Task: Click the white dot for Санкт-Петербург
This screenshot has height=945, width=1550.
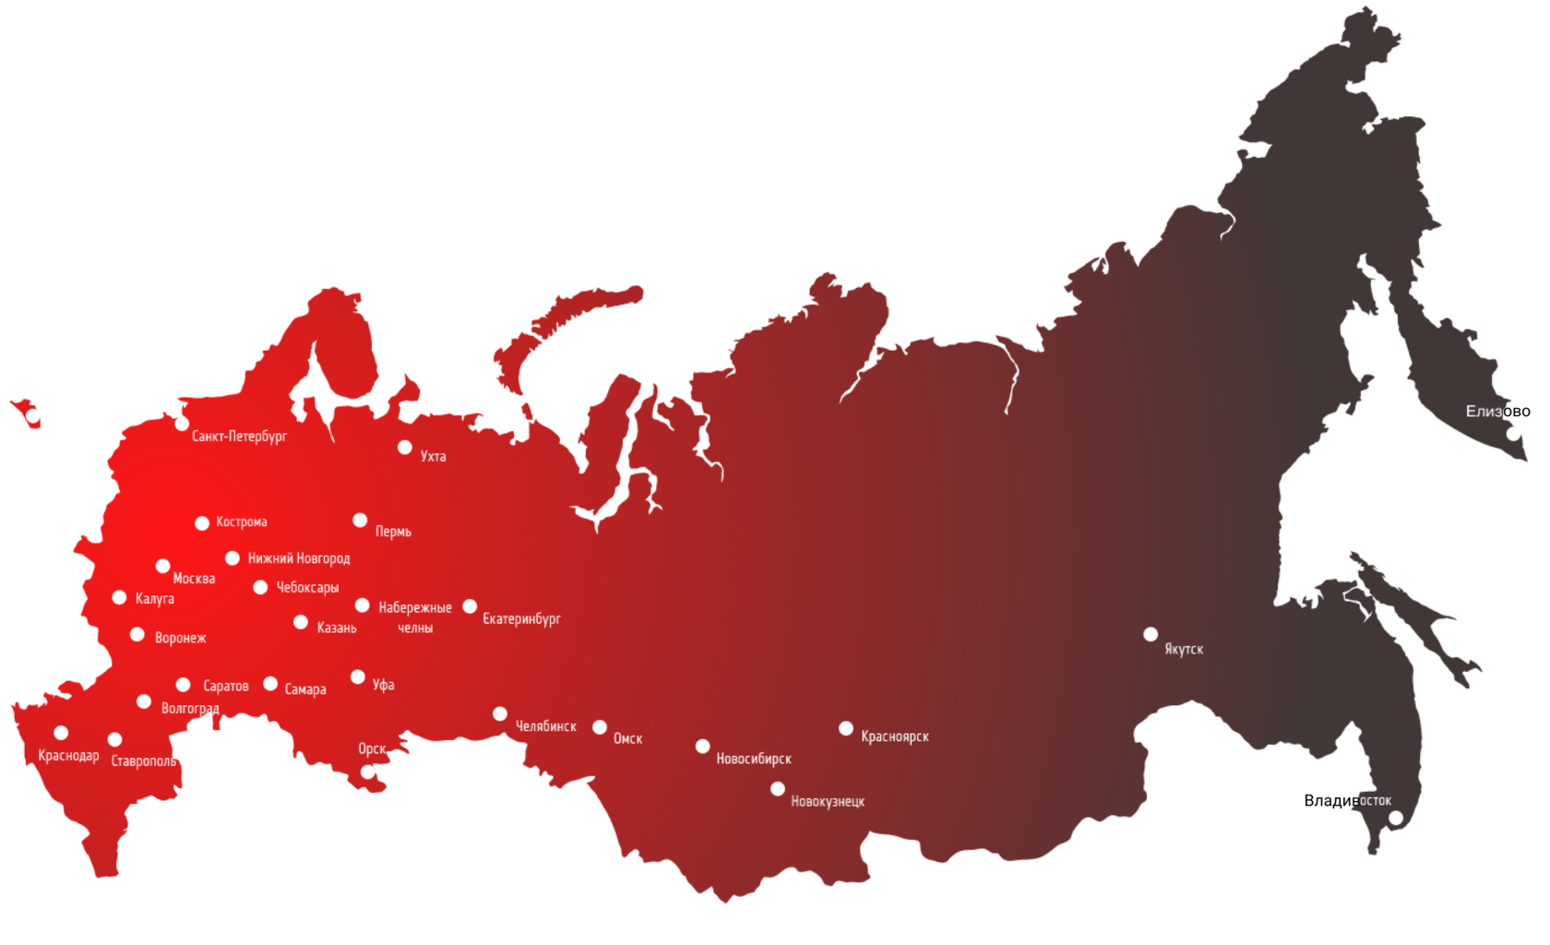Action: [x=182, y=424]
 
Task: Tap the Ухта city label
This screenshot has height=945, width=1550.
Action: [x=433, y=456]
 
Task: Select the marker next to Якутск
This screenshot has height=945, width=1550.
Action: [x=1151, y=634]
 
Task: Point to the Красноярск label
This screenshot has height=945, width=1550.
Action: [x=894, y=736]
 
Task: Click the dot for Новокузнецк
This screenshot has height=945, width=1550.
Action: [x=778, y=789]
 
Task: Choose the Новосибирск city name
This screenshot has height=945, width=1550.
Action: [x=753, y=759]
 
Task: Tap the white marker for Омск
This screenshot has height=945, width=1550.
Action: [x=600, y=727]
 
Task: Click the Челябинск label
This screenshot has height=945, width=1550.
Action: [x=545, y=726]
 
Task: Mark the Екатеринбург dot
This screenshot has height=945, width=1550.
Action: [x=470, y=606]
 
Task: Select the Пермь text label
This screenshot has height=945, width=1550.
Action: [x=393, y=532]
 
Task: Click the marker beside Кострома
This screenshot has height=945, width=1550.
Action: [x=202, y=523]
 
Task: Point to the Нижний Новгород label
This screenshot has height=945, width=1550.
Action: [x=298, y=558]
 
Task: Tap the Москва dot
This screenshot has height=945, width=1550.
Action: [x=162, y=566]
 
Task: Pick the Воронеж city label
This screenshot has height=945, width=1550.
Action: [x=180, y=638]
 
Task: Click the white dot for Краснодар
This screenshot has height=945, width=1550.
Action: [x=61, y=733]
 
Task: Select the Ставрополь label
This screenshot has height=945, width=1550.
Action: [x=143, y=761]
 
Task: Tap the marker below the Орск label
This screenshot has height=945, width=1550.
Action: [x=367, y=772]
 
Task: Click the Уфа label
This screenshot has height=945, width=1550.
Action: [x=383, y=685]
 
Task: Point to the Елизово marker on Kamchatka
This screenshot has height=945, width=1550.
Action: [x=1513, y=433]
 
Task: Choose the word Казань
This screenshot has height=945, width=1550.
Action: [x=336, y=628]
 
